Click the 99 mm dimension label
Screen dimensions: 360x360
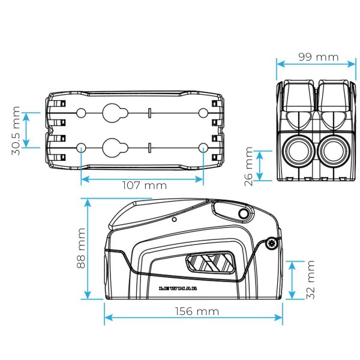coord(319,58)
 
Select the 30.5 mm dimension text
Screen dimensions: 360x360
coord(17,131)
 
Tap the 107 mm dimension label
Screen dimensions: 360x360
coord(142,185)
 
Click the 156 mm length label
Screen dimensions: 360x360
coord(194,311)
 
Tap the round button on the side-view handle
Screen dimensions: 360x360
coord(243,214)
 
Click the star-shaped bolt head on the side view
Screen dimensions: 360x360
coord(274,243)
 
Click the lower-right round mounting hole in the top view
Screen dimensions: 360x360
coord(203,148)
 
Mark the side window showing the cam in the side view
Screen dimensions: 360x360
coord(208,265)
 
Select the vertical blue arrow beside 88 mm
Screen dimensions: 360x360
coord(88,248)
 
